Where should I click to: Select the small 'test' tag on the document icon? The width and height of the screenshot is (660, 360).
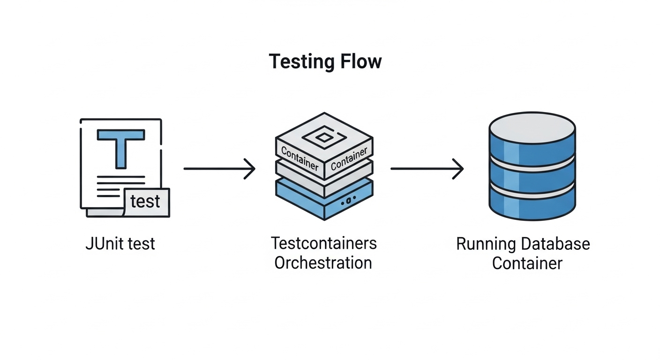tap(146, 202)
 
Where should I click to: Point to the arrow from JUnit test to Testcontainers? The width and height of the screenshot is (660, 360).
tap(219, 168)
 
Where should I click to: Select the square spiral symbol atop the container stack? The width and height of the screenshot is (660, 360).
tap(324, 137)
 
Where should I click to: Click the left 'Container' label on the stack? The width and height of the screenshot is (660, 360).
tap(300, 157)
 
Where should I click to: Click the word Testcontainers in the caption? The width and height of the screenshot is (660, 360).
tap(323, 243)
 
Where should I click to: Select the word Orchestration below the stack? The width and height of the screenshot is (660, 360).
tap(323, 263)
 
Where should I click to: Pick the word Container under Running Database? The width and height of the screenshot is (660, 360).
tap(527, 263)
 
